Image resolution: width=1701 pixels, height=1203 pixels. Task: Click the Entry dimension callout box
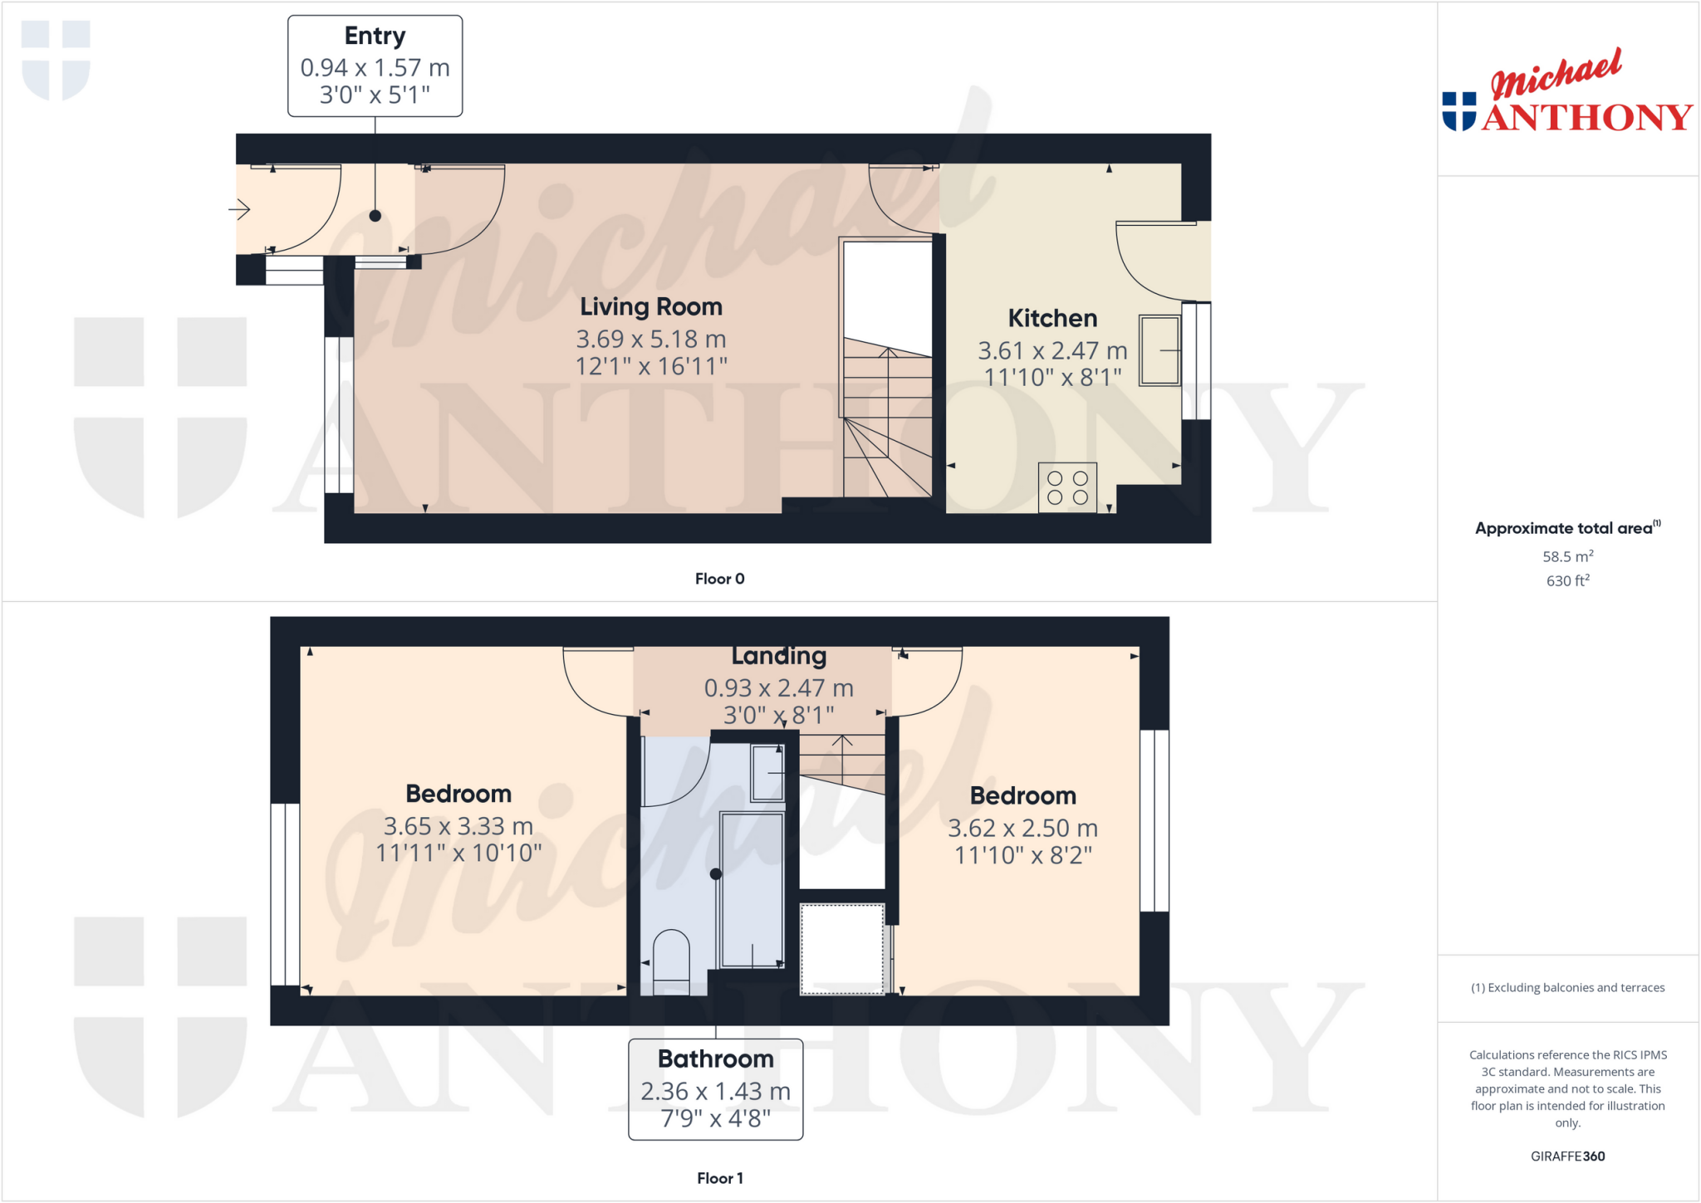pos(375,66)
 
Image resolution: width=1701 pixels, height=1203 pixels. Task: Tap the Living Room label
pos(650,307)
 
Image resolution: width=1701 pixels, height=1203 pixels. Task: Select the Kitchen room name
pos(1051,319)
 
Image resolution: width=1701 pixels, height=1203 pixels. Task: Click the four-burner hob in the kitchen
pos(1067,487)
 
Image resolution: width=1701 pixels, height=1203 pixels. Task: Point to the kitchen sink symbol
pos(1159,350)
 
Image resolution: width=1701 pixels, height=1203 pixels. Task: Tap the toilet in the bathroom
pos(671,960)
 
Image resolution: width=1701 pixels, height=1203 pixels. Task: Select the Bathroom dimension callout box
pos(715,1089)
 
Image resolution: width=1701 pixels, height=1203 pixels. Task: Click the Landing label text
pos(778,657)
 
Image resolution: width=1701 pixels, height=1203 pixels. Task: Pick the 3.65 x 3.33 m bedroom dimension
pos(458,826)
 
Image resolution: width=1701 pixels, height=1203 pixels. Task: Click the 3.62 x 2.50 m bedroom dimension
pos(1022,828)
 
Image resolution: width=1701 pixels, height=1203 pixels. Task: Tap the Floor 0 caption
pos(719,579)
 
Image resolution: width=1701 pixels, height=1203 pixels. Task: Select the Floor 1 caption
pos(719,1178)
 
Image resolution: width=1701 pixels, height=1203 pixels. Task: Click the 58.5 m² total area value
pos(1567,556)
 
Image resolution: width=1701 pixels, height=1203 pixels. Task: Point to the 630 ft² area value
pos(1567,580)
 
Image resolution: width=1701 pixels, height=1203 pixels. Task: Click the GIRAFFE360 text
pos(1567,1156)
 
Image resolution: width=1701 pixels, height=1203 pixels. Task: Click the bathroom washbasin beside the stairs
pos(767,773)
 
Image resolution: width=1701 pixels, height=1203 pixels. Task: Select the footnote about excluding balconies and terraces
pos(1567,987)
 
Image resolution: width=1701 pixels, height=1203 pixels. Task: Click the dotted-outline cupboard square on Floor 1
pos(841,949)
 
